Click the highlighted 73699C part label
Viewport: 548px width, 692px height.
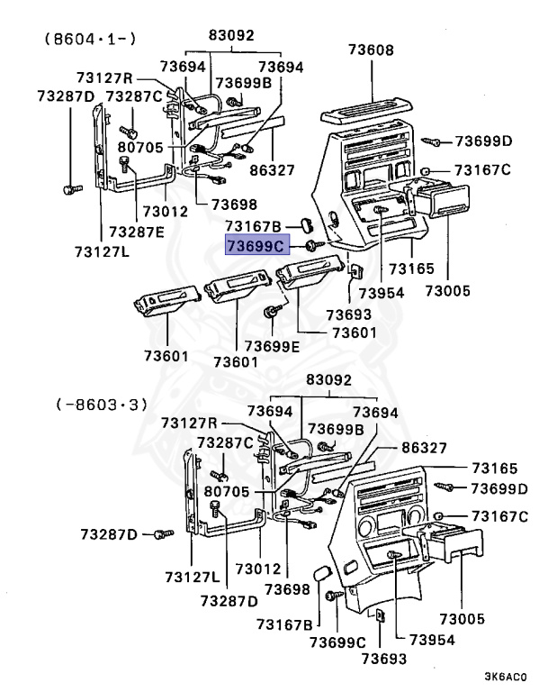[x=256, y=245]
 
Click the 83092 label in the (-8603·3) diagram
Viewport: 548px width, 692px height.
[x=325, y=382]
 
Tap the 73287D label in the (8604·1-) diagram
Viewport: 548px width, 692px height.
[x=66, y=96]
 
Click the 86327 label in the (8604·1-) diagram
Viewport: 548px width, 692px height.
[x=273, y=168]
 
